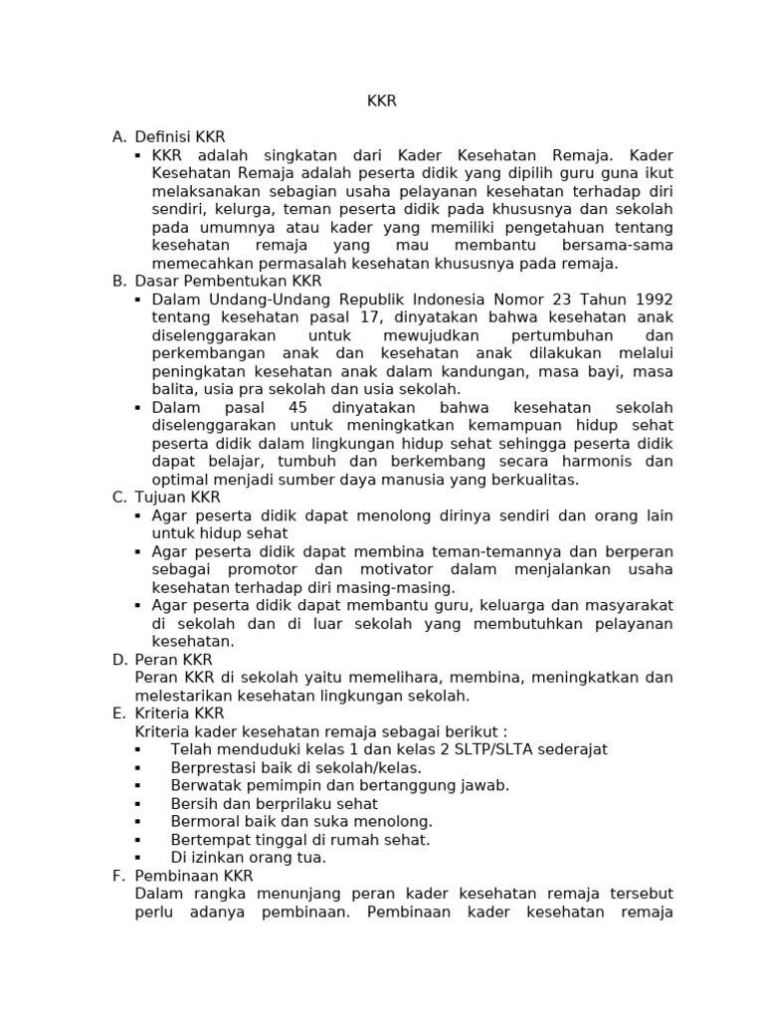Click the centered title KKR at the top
(x=382, y=102)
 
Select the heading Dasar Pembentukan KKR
(x=228, y=282)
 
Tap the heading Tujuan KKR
(x=177, y=498)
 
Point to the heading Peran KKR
(x=173, y=660)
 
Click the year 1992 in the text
(x=653, y=300)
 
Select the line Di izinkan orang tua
(x=248, y=857)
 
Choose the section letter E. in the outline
(x=118, y=713)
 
